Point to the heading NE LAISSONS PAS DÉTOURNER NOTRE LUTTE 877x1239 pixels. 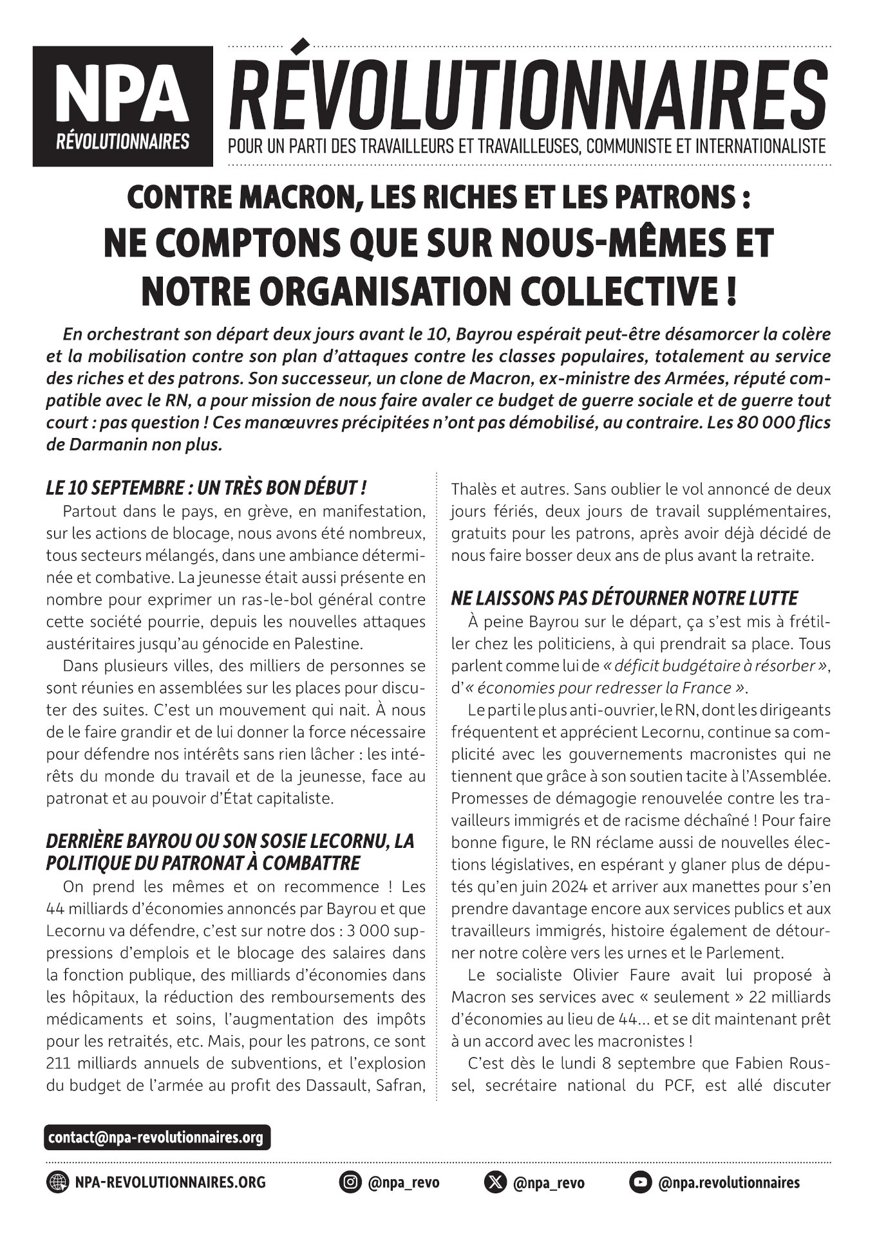[625, 598]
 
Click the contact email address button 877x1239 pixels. [158, 1137]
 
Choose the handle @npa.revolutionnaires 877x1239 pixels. [728, 1182]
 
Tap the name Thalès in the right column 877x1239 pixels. [471, 488]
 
